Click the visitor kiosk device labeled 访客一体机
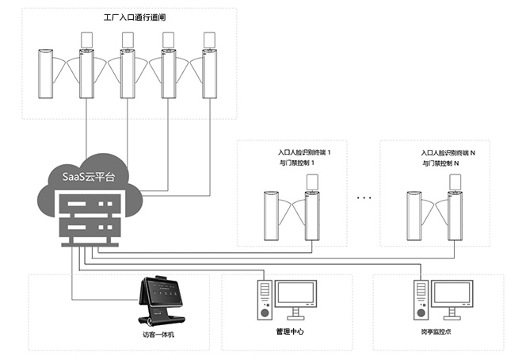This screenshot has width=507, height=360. (163, 302)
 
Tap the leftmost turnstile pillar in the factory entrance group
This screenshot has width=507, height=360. (44, 75)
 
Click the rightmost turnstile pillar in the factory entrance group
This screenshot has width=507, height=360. (209, 75)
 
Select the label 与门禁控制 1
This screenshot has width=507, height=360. (295, 163)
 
